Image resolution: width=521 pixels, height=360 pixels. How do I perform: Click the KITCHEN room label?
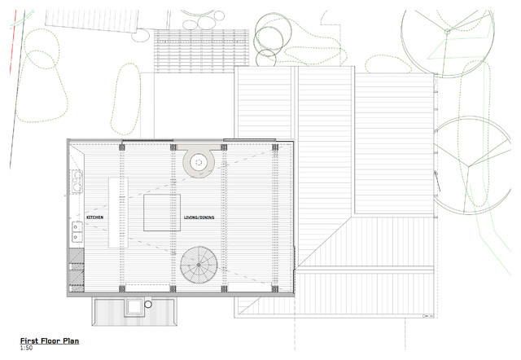[x=95, y=218]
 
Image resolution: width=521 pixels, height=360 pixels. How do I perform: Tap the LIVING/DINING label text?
[x=199, y=218]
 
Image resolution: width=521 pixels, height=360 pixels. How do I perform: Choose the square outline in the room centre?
[x=163, y=213]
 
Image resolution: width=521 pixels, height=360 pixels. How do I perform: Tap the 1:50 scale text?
[x=27, y=349]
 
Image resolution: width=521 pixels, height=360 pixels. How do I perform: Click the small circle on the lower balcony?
[x=148, y=306]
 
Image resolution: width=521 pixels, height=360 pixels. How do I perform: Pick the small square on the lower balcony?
[x=131, y=306]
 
